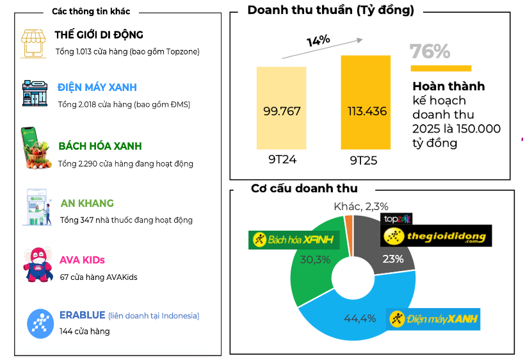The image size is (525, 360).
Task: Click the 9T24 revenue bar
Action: (282, 109)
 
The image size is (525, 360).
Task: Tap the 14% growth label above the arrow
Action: (318, 40)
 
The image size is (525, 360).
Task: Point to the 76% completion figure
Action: (430, 51)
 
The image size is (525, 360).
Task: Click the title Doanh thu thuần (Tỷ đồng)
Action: (330, 11)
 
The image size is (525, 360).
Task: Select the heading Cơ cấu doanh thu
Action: (304, 188)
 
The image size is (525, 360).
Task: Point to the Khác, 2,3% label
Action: (361, 206)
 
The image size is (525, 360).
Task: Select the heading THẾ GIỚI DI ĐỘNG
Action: (99, 35)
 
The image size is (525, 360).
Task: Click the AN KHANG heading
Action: (87, 204)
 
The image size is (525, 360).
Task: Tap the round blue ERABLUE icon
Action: (40, 323)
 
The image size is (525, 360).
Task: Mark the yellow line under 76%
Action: (440, 68)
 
